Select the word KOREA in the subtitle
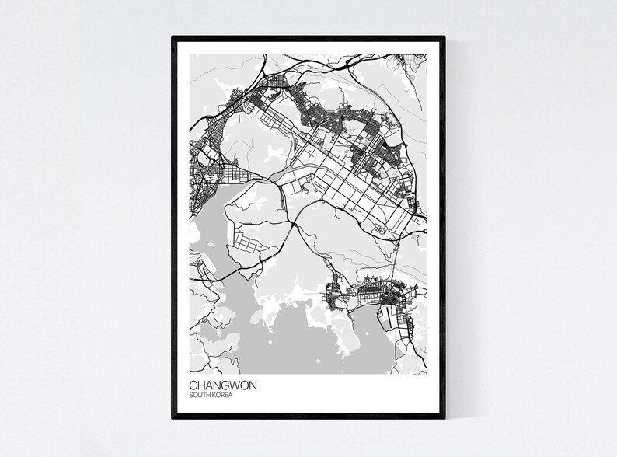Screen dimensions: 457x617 [221, 395]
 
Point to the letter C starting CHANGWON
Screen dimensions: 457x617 [192, 384]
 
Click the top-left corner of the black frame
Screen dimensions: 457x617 [173, 35]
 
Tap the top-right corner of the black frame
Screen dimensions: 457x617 [444, 35]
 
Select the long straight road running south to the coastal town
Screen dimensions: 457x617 [397, 256]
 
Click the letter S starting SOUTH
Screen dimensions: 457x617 [190, 395]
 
